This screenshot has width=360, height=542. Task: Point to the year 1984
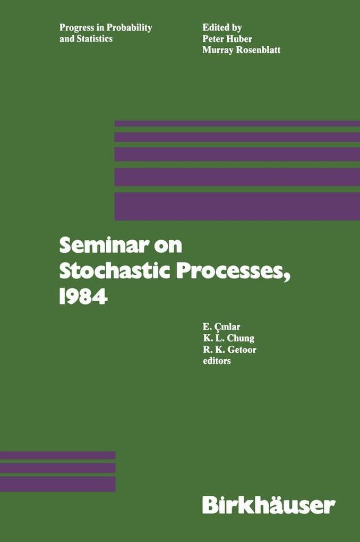tap(83, 297)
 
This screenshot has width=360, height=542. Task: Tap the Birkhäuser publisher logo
tap(268, 504)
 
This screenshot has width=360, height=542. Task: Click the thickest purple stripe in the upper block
tap(237, 206)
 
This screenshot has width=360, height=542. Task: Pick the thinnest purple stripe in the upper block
tap(237, 123)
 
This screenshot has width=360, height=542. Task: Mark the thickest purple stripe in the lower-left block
tap(57, 484)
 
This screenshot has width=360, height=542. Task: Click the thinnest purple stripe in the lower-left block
tap(57, 455)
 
